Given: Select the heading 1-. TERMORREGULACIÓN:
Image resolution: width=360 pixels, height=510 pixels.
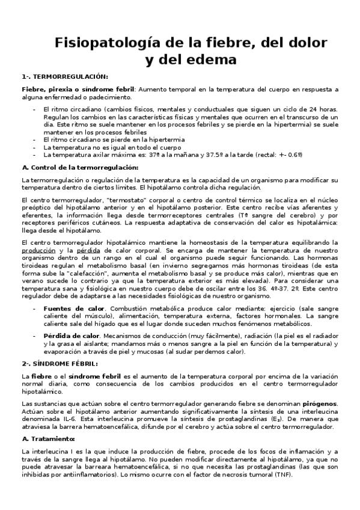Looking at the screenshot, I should [x=65, y=76].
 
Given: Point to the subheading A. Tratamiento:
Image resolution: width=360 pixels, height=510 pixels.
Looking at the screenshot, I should [x=46, y=438].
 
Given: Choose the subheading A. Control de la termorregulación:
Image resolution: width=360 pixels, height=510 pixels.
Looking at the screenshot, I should [x=79, y=167].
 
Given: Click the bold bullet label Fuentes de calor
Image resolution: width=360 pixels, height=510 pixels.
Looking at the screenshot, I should [x=70, y=309].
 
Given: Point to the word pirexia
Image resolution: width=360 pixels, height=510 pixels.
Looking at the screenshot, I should [x=53, y=88].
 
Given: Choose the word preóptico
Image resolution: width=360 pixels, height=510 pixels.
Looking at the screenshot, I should [x=35, y=206].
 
